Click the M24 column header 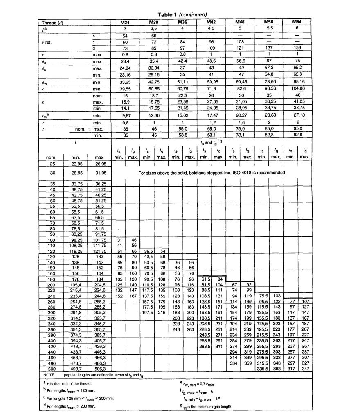[x=126, y=22]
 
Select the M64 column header [x=297, y=22]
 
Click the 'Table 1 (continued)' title [x=182, y=14]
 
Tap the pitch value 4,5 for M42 [x=211, y=29]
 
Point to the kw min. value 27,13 [x=297, y=116]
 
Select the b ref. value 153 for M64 [x=297, y=48]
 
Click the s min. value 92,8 [x=297, y=134]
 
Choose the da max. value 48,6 [x=211, y=62]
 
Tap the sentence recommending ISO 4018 [x=211, y=173]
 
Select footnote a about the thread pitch [x=67, y=383]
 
